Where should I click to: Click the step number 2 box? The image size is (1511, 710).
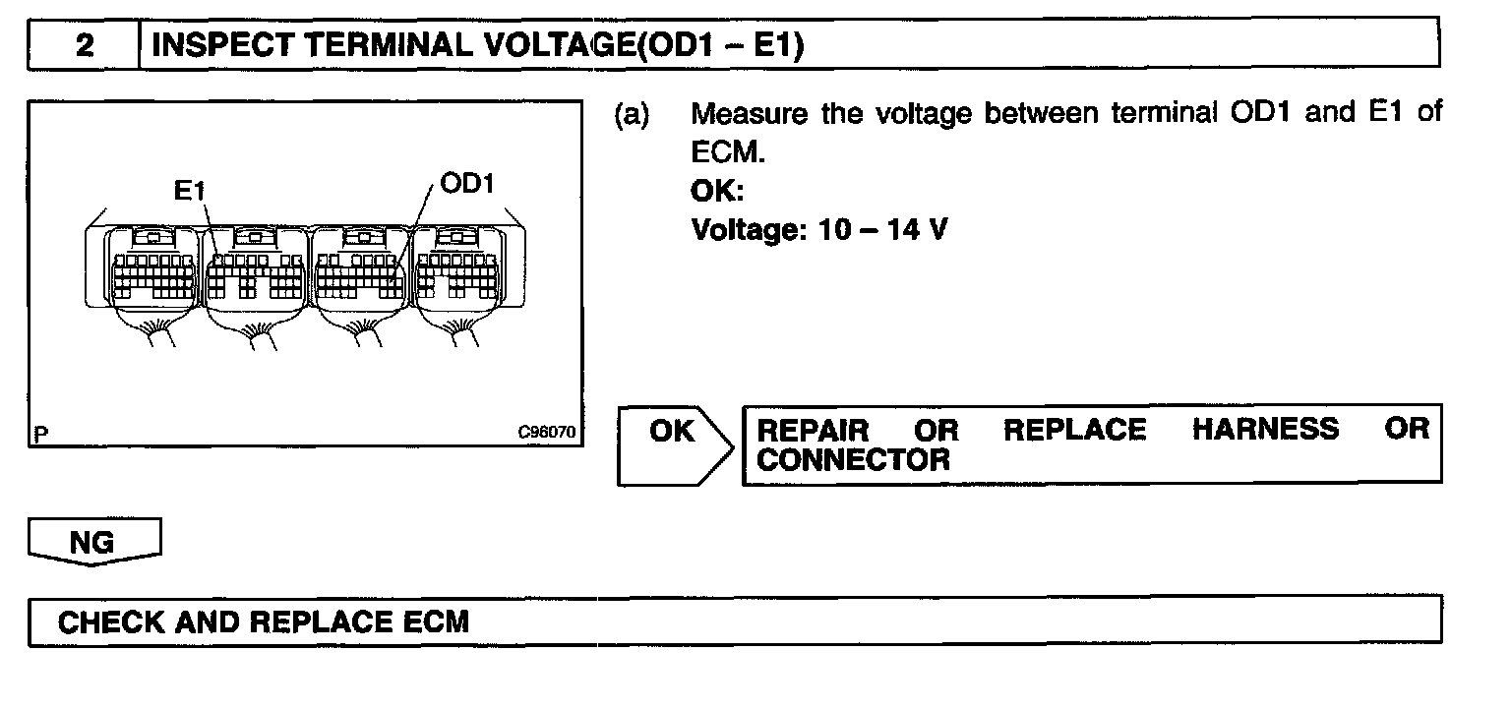(85, 46)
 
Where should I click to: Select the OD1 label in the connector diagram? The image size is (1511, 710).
(467, 185)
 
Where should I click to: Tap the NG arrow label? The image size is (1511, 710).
(92, 543)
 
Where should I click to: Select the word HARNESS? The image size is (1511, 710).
(1265, 430)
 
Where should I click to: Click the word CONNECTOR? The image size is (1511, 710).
(853, 459)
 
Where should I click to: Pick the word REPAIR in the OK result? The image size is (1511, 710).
(814, 430)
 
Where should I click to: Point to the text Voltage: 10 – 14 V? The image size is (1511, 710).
(819, 231)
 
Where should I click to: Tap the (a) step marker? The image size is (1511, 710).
(632, 113)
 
